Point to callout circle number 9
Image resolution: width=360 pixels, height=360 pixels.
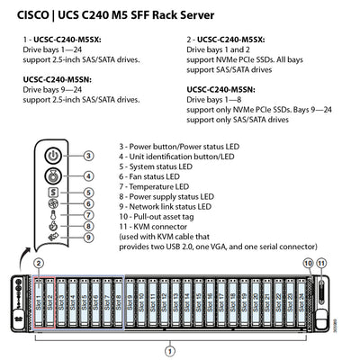point(88,238)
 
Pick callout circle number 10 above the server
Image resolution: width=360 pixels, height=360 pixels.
point(309,262)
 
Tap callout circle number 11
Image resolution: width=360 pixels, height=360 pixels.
point(322,262)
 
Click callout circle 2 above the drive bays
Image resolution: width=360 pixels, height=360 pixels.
point(39,262)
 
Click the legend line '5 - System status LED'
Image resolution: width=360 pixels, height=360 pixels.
point(159,166)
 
